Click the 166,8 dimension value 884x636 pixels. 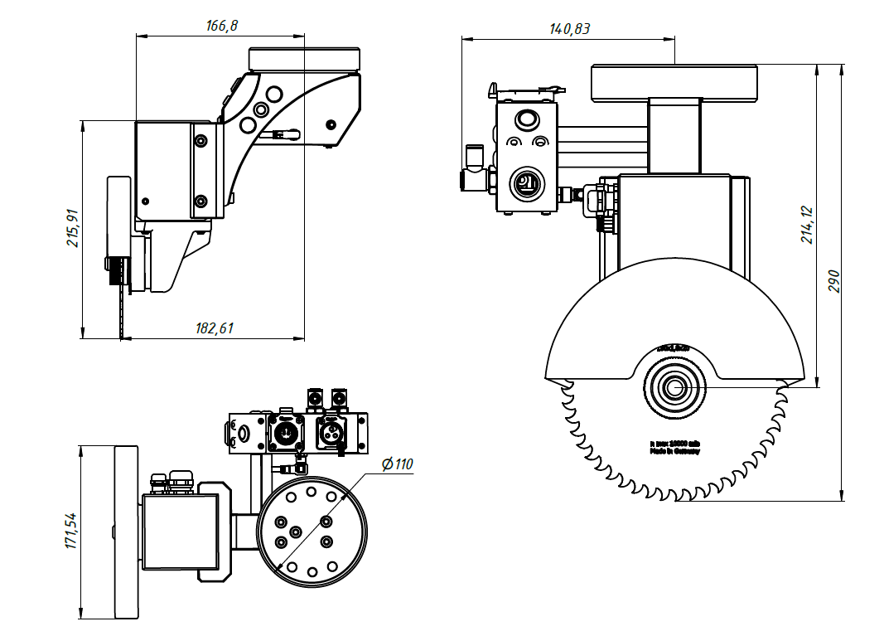point(221,26)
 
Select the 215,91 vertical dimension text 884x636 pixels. point(73,228)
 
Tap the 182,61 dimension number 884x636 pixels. point(215,328)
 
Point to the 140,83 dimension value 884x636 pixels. point(569,28)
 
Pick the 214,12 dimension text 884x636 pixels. point(807,225)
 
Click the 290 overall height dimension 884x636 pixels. point(833,281)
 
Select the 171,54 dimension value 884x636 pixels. point(70,532)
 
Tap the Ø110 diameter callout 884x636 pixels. point(397,464)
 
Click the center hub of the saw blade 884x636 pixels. point(673,387)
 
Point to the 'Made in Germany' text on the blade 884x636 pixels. point(674,452)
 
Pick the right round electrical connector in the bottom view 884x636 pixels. point(331,432)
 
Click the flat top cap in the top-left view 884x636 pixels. point(304,59)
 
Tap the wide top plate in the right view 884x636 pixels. point(674,82)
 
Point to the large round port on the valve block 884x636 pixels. point(524,183)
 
